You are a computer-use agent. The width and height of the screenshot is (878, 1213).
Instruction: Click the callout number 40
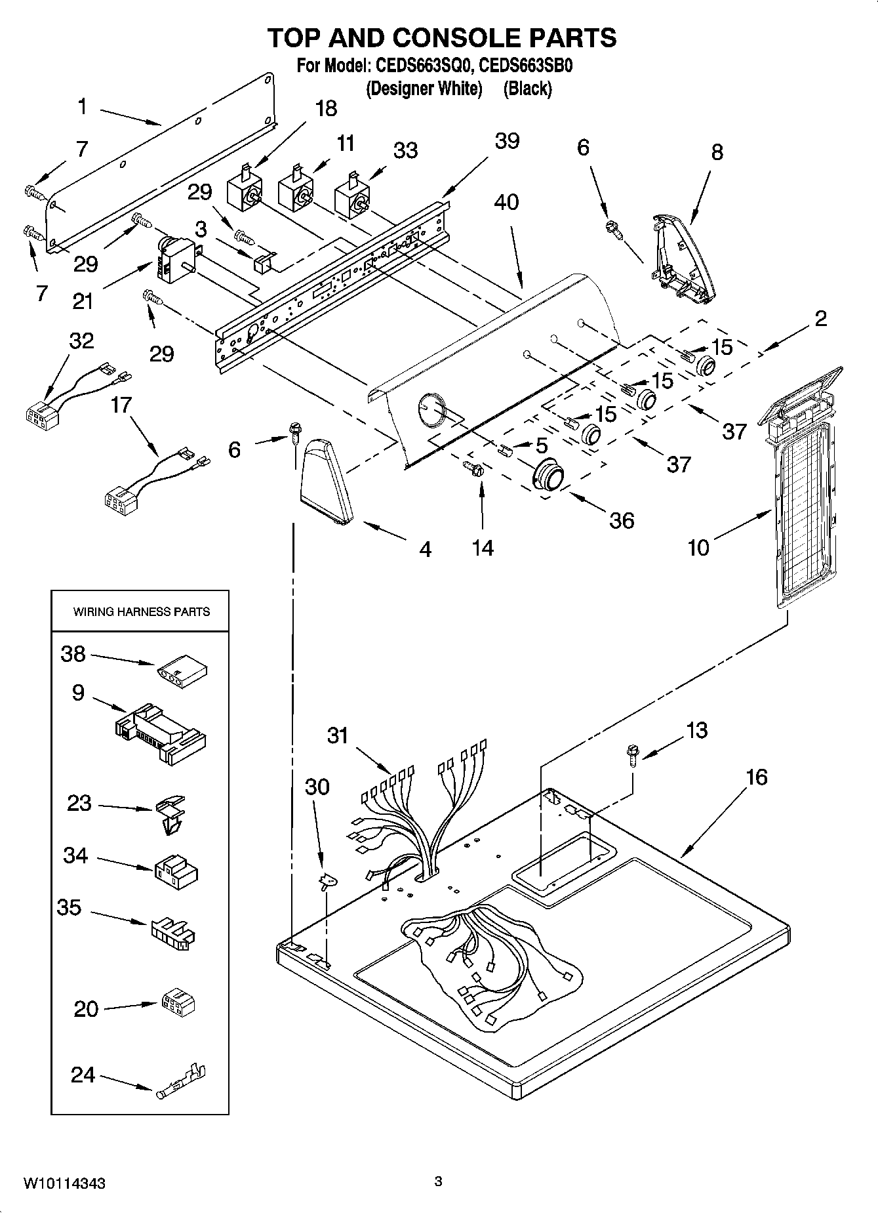506,202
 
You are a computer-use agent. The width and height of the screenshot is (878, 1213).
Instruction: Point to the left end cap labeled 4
327,482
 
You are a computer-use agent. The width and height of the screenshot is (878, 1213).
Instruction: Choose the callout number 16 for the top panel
756,777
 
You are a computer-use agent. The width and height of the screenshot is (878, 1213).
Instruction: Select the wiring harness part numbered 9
161,733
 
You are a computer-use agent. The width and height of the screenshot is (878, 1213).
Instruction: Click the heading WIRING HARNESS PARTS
141,612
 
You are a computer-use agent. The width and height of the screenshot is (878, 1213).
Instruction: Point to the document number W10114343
64,1183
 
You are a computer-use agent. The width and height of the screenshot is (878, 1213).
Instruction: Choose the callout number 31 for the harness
338,735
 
